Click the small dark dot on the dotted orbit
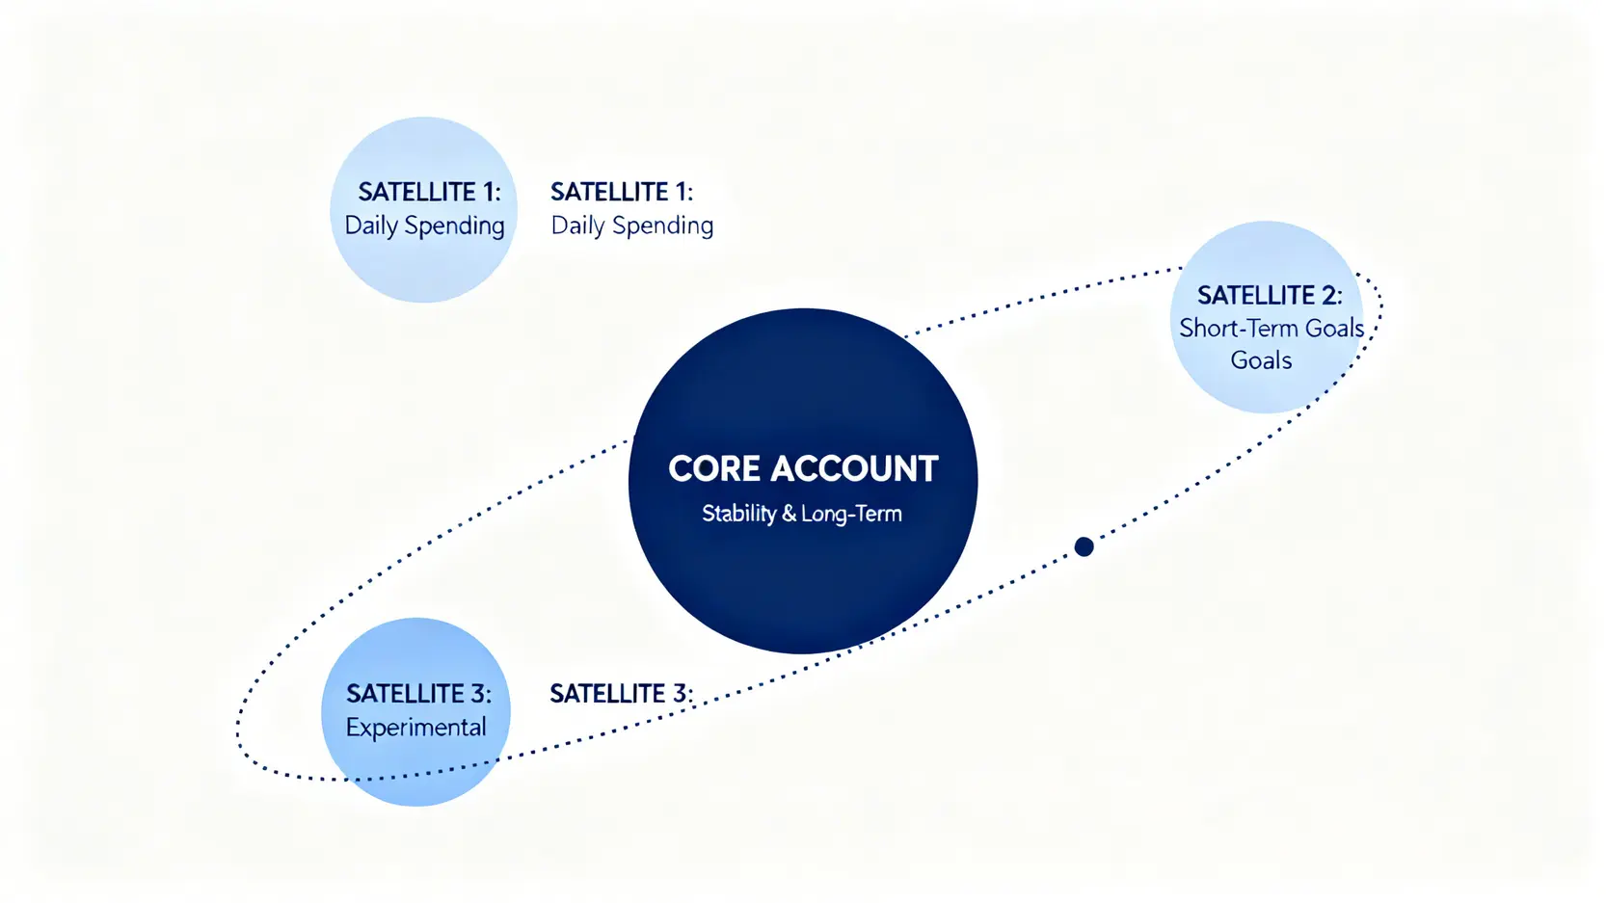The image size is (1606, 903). click(x=1084, y=547)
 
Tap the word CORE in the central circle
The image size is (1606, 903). click(x=714, y=469)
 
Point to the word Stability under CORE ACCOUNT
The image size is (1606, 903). click(x=738, y=514)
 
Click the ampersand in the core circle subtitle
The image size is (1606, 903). click(x=789, y=514)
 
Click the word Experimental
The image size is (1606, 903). click(x=415, y=727)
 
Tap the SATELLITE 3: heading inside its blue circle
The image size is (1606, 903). click(x=418, y=694)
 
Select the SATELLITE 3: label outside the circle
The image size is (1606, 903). click(x=621, y=694)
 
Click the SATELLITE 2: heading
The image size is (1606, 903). click(x=1269, y=295)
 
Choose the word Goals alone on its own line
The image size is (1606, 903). click(x=1261, y=360)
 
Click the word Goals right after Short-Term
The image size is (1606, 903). click(x=1334, y=329)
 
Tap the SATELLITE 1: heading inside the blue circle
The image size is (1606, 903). click(x=429, y=192)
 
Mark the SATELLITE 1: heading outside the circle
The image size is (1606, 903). click(x=622, y=192)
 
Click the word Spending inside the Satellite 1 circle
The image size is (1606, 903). click(x=454, y=226)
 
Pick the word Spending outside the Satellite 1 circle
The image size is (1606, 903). click(x=662, y=226)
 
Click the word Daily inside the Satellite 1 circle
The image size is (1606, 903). click(x=371, y=226)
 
